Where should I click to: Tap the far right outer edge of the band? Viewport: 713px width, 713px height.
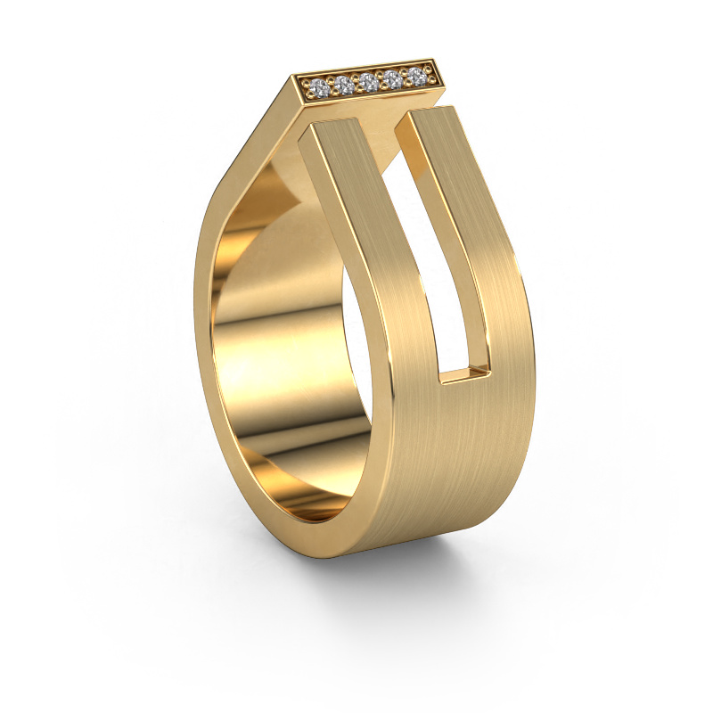[534, 356]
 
